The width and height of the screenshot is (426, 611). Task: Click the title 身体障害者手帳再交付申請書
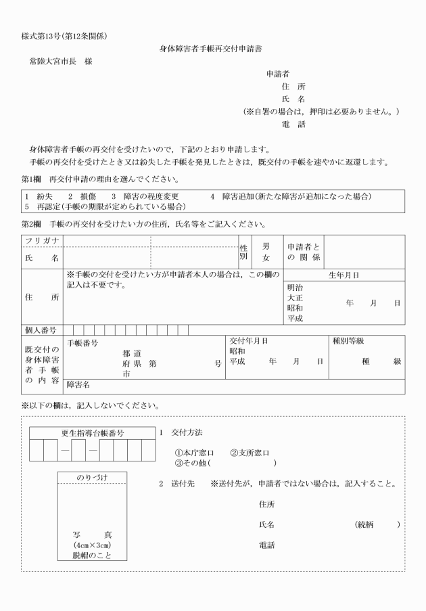click(x=213, y=48)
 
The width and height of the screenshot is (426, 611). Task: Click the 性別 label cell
click(x=243, y=252)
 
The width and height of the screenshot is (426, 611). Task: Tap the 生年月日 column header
click(x=344, y=275)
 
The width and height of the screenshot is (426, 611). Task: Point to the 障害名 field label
click(x=78, y=386)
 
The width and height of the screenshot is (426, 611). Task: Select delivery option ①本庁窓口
click(x=194, y=453)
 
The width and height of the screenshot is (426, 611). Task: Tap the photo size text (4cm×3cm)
click(x=92, y=545)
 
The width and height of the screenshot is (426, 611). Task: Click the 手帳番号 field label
click(x=83, y=343)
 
